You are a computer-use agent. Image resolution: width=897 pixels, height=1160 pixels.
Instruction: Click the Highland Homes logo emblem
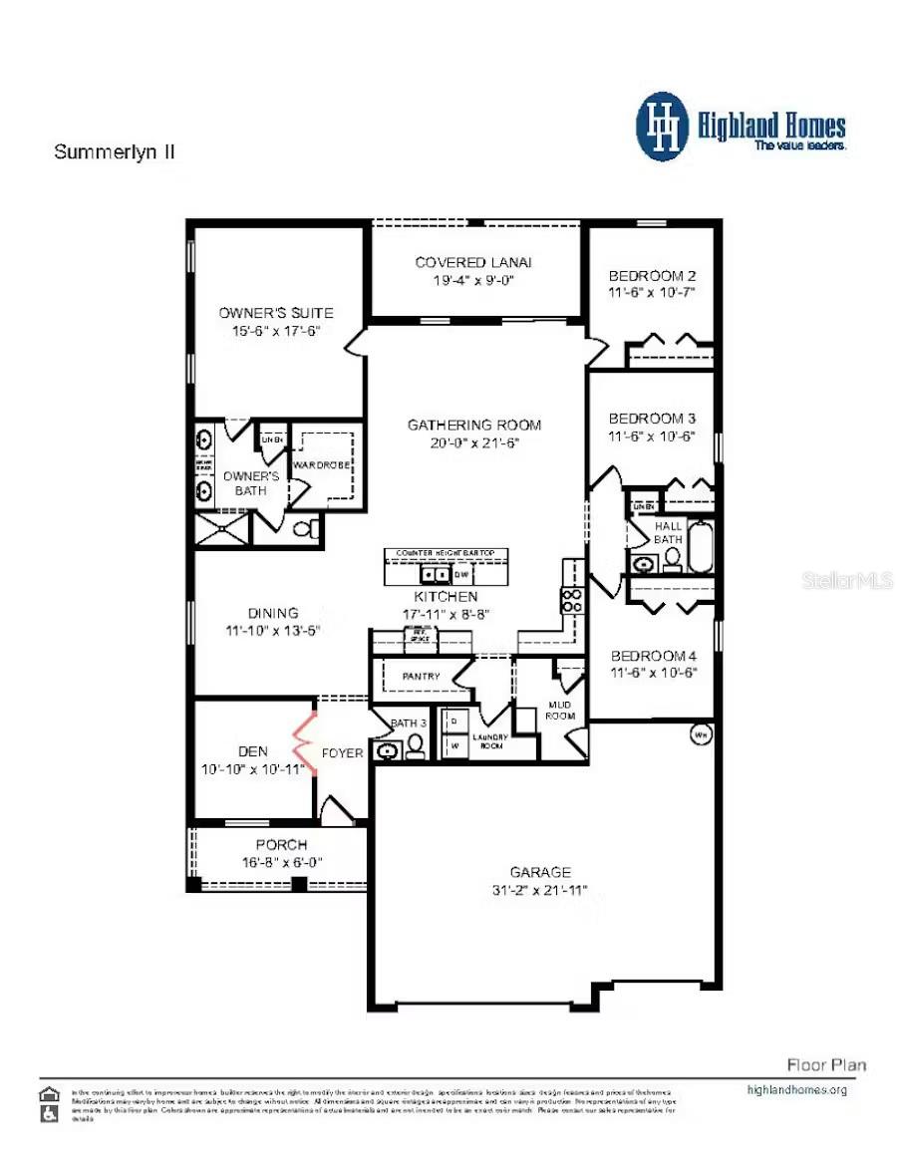coord(662,127)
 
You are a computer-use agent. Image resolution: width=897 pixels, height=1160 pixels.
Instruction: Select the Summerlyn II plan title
coord(115,152)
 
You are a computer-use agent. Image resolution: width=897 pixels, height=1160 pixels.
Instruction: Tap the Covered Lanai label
coord(473,262)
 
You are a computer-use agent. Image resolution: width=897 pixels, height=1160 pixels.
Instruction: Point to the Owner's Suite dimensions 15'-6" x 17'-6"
coord(276,331)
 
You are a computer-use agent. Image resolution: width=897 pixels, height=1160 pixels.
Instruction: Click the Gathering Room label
coord(473,425)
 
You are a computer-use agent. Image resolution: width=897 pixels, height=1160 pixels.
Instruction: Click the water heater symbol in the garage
coord(700,735)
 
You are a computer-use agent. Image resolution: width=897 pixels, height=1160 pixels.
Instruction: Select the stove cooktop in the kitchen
coord(574,599)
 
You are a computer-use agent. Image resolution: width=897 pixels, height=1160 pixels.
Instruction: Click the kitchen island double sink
coord(434,575)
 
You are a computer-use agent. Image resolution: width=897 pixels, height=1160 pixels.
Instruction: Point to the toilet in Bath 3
coord(415,748)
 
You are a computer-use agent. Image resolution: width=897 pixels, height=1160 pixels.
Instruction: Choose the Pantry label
coord(421,677)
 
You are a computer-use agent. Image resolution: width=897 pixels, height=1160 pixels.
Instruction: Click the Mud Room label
coord(561,711)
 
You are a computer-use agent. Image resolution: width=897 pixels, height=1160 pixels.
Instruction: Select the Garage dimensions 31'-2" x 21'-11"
coord(541,890)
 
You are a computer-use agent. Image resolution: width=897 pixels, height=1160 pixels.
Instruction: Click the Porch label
coord(282,845)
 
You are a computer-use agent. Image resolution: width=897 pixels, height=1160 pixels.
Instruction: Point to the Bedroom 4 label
coord(653,655)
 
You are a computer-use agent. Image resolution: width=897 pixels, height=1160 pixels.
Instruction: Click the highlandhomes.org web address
coord(796,1089)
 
